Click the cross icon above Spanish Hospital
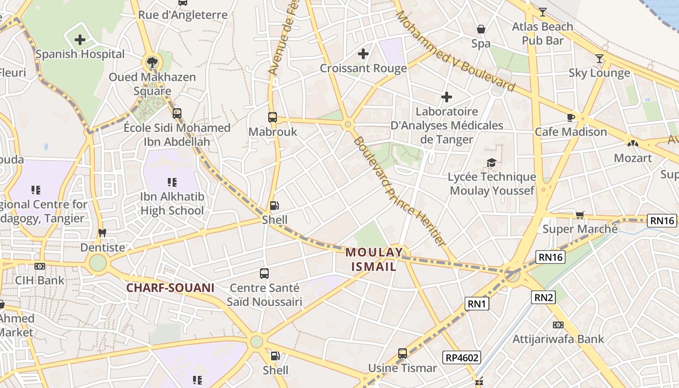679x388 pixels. (80, 40)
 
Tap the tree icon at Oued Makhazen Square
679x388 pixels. (152, 62)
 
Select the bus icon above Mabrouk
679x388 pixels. (273, 117)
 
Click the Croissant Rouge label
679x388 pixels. (363, 68)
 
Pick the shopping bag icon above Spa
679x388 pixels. (481, 30)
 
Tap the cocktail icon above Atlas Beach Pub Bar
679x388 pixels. (542, 12)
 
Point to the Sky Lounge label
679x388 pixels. (599, 73)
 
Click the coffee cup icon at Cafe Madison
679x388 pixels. (571, 117)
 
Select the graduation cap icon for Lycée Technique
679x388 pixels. (492, 162)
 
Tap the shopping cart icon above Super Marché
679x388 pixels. (580, 215)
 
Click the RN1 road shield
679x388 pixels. (477, 304)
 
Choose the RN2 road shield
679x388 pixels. (543, 297)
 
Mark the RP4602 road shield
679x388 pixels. (462, 358)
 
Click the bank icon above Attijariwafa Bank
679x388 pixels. (558, 325)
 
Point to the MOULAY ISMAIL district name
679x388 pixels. (374, 259)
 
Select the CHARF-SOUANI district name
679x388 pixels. (170, 288)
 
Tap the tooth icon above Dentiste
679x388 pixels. (102, 233)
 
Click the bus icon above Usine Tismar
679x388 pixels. (403, 354)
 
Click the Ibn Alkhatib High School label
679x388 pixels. (172, 204)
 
